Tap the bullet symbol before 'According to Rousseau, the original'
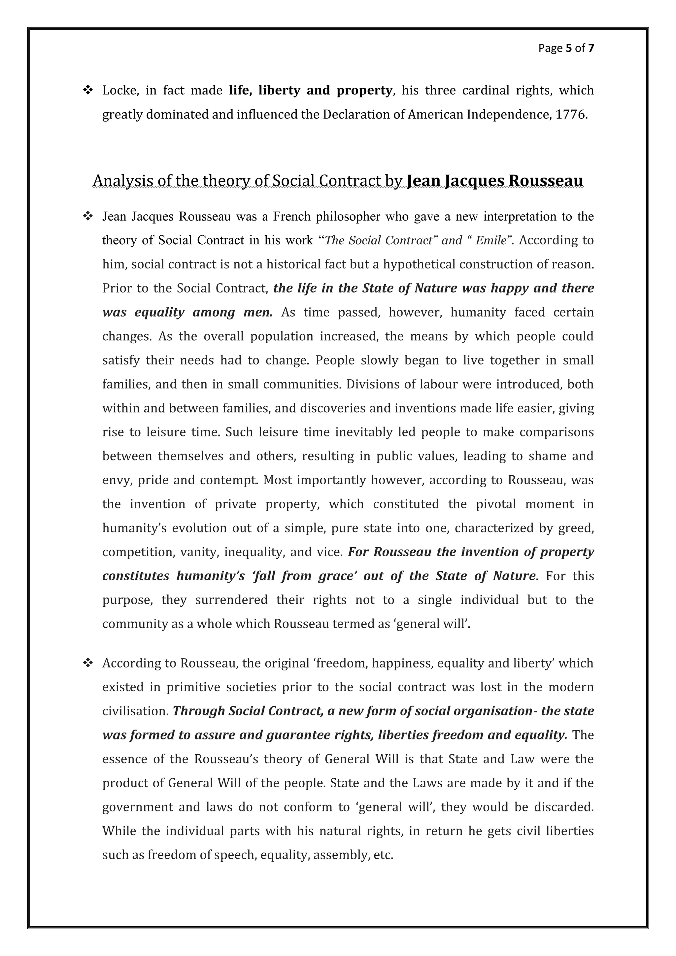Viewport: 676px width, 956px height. tap(88, 663)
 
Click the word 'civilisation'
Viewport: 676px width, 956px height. tap(135, 711)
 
